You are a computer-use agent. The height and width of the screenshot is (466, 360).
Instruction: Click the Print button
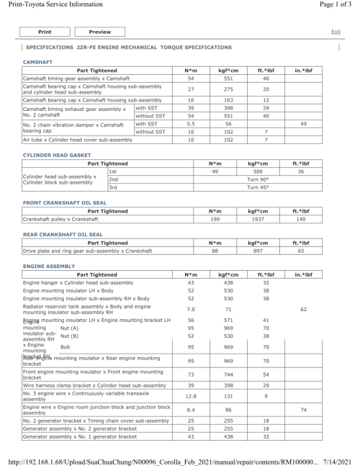44,32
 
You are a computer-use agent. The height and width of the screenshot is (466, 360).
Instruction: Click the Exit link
336,32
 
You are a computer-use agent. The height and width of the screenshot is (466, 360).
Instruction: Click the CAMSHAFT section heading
37,63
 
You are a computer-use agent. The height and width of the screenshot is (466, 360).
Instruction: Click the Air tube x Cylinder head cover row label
78,140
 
